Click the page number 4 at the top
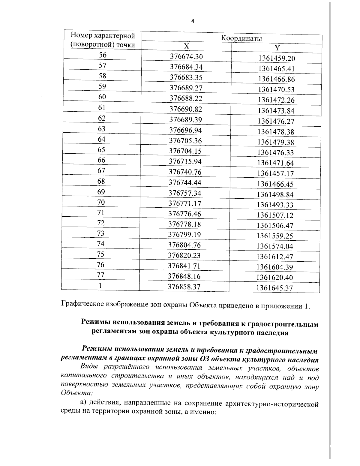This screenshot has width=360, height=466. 193,21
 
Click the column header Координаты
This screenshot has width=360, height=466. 241,38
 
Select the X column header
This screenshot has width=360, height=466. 187,46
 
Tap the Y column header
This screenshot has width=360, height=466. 277,48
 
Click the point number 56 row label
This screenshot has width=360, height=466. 103,55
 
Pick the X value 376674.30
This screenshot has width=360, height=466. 186,56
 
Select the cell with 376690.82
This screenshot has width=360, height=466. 186,109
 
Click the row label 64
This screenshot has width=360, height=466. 102,139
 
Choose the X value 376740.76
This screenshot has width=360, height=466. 185,172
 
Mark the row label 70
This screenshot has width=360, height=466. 101,202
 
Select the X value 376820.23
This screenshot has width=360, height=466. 184,255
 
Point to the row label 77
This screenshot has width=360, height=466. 100,275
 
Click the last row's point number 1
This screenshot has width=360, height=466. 100,286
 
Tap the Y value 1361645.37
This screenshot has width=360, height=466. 274,288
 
